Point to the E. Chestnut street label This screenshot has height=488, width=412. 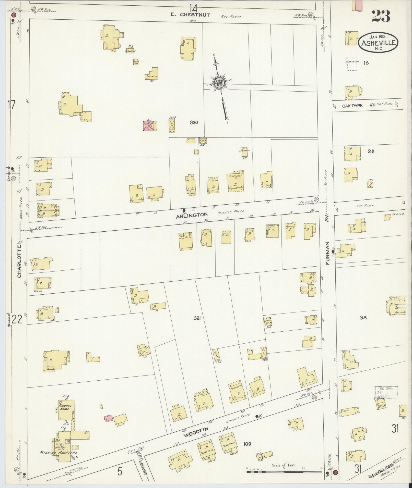(x=191, y=15)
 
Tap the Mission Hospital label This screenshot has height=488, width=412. (x=58, y=453)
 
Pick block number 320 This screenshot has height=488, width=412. (x=194, y=122)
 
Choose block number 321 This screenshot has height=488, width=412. (x=197, y=318)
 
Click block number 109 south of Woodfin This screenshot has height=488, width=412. (x=247, y=444)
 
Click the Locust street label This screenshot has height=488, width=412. (x=144, y=466)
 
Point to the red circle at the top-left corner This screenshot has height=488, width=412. (x=13, y=15)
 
